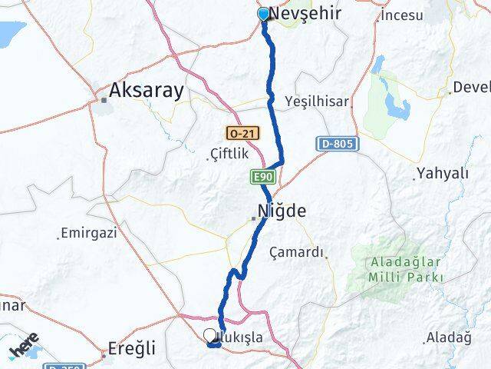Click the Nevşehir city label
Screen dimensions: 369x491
[304, 14]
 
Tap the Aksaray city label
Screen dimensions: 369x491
[146, 91]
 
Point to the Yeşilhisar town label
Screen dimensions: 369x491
[316, 101]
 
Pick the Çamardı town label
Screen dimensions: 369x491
[298, 252]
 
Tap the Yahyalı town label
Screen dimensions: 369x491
[442, 172]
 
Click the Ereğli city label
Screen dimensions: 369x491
[132, 347]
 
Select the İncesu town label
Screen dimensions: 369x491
[402, 15]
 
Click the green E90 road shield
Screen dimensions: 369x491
[260, 178]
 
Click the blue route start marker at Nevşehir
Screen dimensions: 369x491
[263, 13]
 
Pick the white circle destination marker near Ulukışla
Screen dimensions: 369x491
[209, 335]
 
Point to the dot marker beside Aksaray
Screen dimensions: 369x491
[104, 99]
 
